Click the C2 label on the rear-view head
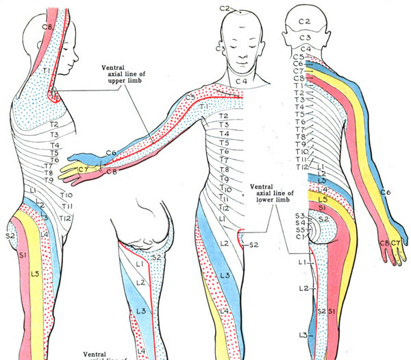(305, 22)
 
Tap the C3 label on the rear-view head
(305, 37)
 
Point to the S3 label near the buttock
(300, 215)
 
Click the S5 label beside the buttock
(300, 230)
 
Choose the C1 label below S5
(299, 237)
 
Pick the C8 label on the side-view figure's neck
(47, 27)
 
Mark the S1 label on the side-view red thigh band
(21, 255)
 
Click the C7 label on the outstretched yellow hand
(84, 169)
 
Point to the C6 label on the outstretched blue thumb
(92, 153)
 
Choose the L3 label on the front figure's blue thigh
(224, 276)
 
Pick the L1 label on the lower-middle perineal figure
(140, 263)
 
